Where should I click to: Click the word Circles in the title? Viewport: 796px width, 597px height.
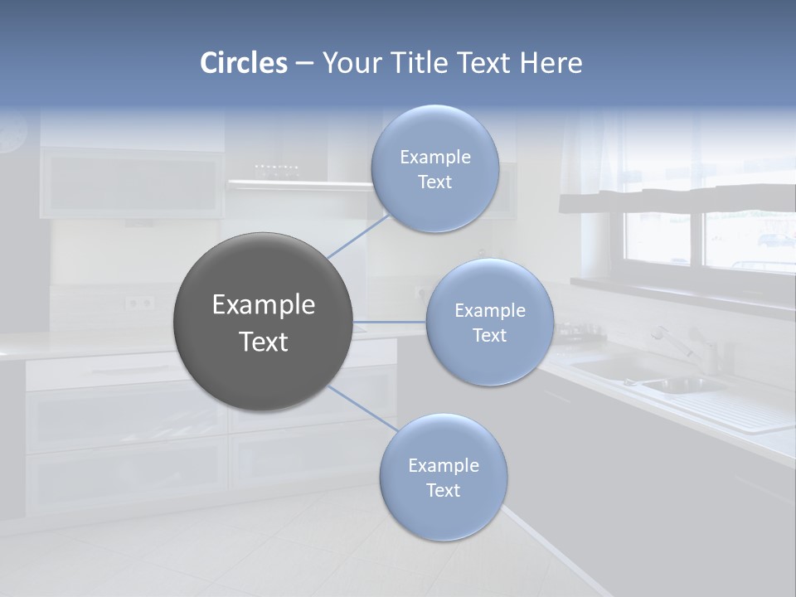(244, 63)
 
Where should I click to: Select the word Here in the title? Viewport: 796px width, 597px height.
(552, 63)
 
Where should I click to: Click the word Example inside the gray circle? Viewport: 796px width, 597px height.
(263, 305)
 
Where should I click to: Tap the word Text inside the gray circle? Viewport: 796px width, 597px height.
(263, 342)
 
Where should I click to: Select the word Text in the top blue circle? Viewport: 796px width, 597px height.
(434, 182)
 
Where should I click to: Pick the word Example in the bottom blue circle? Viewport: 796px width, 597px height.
(443, 466)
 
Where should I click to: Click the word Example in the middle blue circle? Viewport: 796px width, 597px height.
(489, 311)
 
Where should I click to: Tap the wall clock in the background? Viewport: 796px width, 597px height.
(12, 133)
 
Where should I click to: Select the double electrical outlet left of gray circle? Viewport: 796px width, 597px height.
(139, 303)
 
